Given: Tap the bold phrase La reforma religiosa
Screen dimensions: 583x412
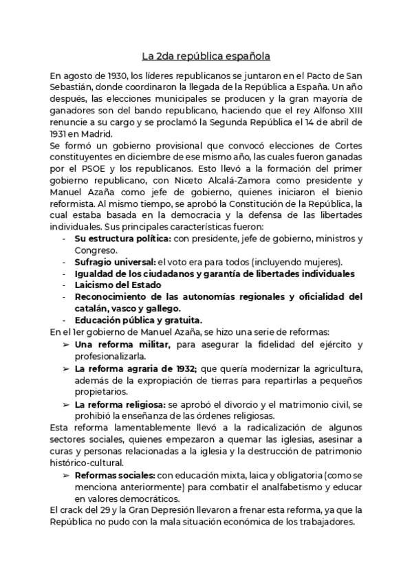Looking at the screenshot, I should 119,404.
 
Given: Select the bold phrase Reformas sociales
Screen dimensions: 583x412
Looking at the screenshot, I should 115,474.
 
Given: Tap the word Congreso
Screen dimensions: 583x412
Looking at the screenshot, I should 92,250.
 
